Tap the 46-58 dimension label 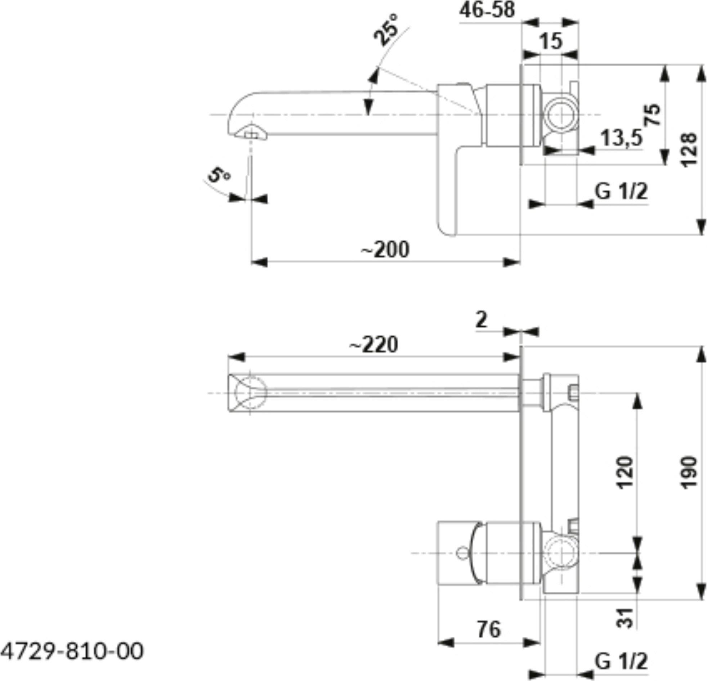pos(487,10)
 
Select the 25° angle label pos(386,30)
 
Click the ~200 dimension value pos(385,249)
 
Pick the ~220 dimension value pos(374,345)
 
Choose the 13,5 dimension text pos(622,138)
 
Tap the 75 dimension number pos(653,115)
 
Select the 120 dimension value pos(625,473)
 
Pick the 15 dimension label pos(551,41)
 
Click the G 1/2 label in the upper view pos(621,191)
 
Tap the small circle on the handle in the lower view pos(462,553)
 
